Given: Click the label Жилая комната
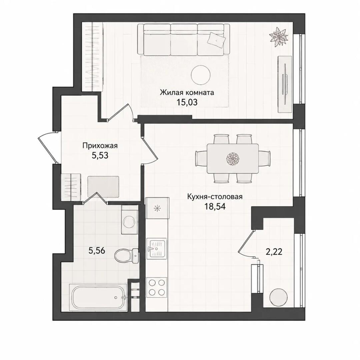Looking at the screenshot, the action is [x=187, y=93].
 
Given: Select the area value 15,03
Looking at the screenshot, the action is [x=187, y=102].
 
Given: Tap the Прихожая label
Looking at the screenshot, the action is [x=100, y=146].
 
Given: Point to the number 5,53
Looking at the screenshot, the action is [x=100, y=156].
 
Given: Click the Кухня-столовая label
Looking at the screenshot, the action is [x=215, y=197].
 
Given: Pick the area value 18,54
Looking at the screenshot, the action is [x=215, y=207].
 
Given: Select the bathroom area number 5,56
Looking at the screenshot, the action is [x=97, y=251].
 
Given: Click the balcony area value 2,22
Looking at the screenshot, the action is [x=274, y=252].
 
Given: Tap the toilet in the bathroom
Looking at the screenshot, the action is [x=127, y=256].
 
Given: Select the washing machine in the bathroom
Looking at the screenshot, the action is [x=129, y=219].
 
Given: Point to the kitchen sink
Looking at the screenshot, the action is [x=156, y=249].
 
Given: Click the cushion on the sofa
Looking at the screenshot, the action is [x=216, y=40].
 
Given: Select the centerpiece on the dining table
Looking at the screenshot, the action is [x=233, y=159].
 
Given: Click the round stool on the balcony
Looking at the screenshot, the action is [x=278, y=297].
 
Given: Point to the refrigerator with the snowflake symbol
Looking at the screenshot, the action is [x=157, y=208].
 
